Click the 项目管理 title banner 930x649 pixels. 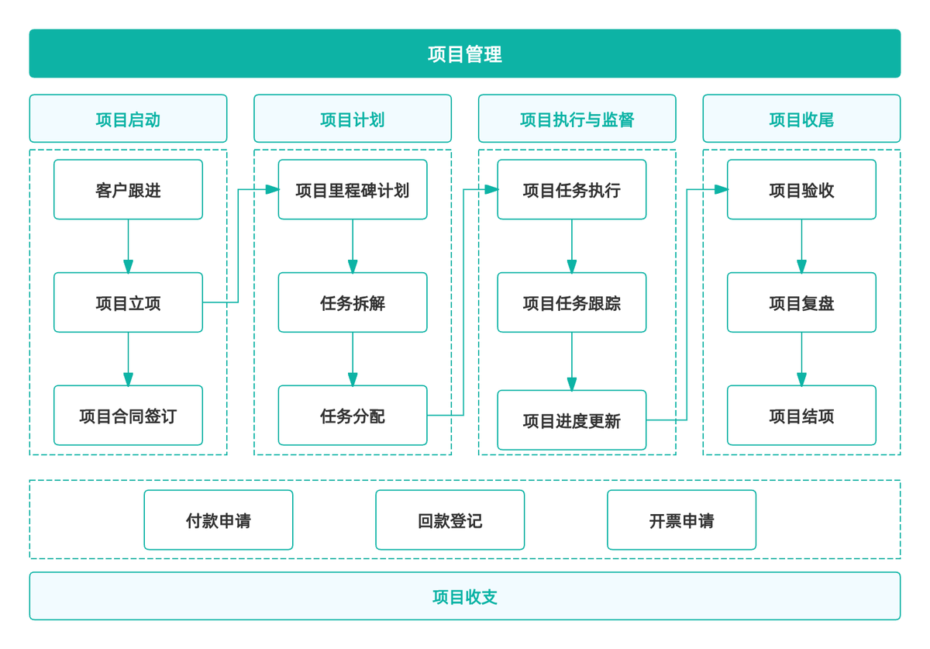(464, 54)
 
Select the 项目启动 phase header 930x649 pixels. (128, 119)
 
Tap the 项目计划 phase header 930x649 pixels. (353, 119)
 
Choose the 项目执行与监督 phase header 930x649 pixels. (577, 119)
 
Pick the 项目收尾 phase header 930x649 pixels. (801, 119)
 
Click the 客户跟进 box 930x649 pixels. (128, 190)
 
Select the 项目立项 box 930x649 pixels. (128, 302)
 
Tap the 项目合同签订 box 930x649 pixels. (128, 416)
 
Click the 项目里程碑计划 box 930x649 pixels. (353, 190)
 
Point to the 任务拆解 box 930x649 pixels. (353, 302)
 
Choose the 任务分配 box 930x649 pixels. (353, 416)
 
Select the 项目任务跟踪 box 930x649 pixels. (571, 302)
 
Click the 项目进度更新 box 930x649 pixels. (571, 420)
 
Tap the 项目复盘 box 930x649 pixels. (801, 302)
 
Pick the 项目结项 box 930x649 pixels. (801, 416)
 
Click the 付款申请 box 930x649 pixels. (219, 520)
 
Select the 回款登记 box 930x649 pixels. (449, 520)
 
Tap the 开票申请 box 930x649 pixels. (681, 520)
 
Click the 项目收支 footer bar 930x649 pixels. (464, 596)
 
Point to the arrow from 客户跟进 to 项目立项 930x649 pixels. (128, 246)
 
